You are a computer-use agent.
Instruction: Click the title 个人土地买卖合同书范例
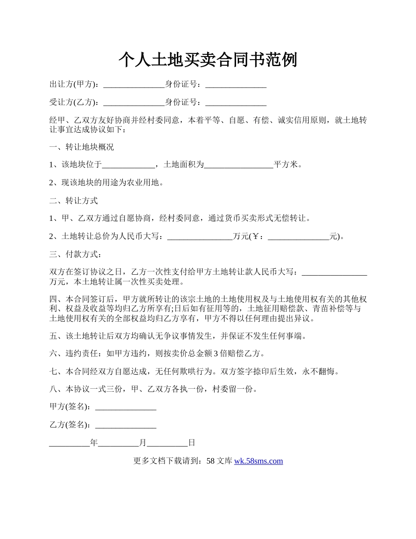208,60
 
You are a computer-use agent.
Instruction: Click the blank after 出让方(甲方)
134,84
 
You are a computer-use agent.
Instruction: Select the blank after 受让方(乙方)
134,103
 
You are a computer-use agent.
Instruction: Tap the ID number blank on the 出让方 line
236,84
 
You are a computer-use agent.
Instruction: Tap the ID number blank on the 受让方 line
236,103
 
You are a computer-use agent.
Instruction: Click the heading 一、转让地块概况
81,147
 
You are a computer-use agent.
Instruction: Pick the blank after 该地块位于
128,165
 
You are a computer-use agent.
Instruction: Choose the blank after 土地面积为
239,165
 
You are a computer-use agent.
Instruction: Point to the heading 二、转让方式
74,201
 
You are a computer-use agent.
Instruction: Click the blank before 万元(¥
200,237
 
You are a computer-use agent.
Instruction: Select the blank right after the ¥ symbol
299,237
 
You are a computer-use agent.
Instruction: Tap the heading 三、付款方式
75,255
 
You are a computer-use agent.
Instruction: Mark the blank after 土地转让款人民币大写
335,273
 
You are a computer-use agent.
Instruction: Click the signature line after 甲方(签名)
126,407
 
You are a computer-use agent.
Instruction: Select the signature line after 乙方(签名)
126,425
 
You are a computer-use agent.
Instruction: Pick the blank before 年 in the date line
69,443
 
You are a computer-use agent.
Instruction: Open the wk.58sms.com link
258,461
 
